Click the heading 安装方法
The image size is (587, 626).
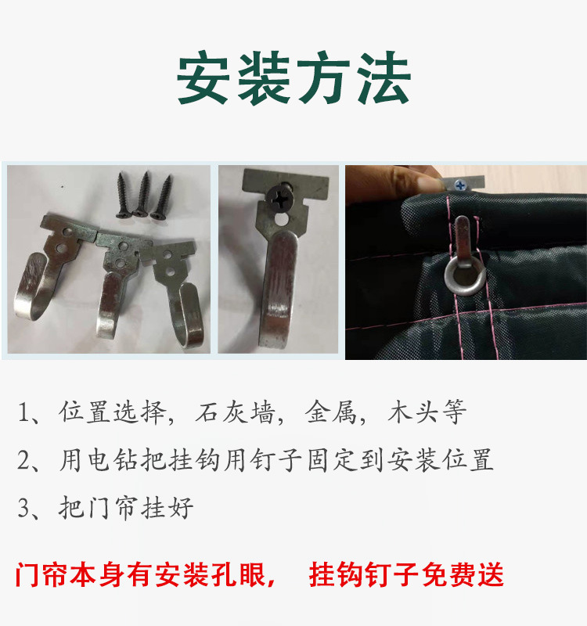point(293,81)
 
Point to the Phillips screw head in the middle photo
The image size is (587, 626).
point(279,196)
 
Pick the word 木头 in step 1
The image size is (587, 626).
point(409,412)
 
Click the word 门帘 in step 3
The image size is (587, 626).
point(110,508)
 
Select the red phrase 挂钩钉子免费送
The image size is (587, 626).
point(406,575)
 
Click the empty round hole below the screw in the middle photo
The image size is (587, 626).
point(279,223)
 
